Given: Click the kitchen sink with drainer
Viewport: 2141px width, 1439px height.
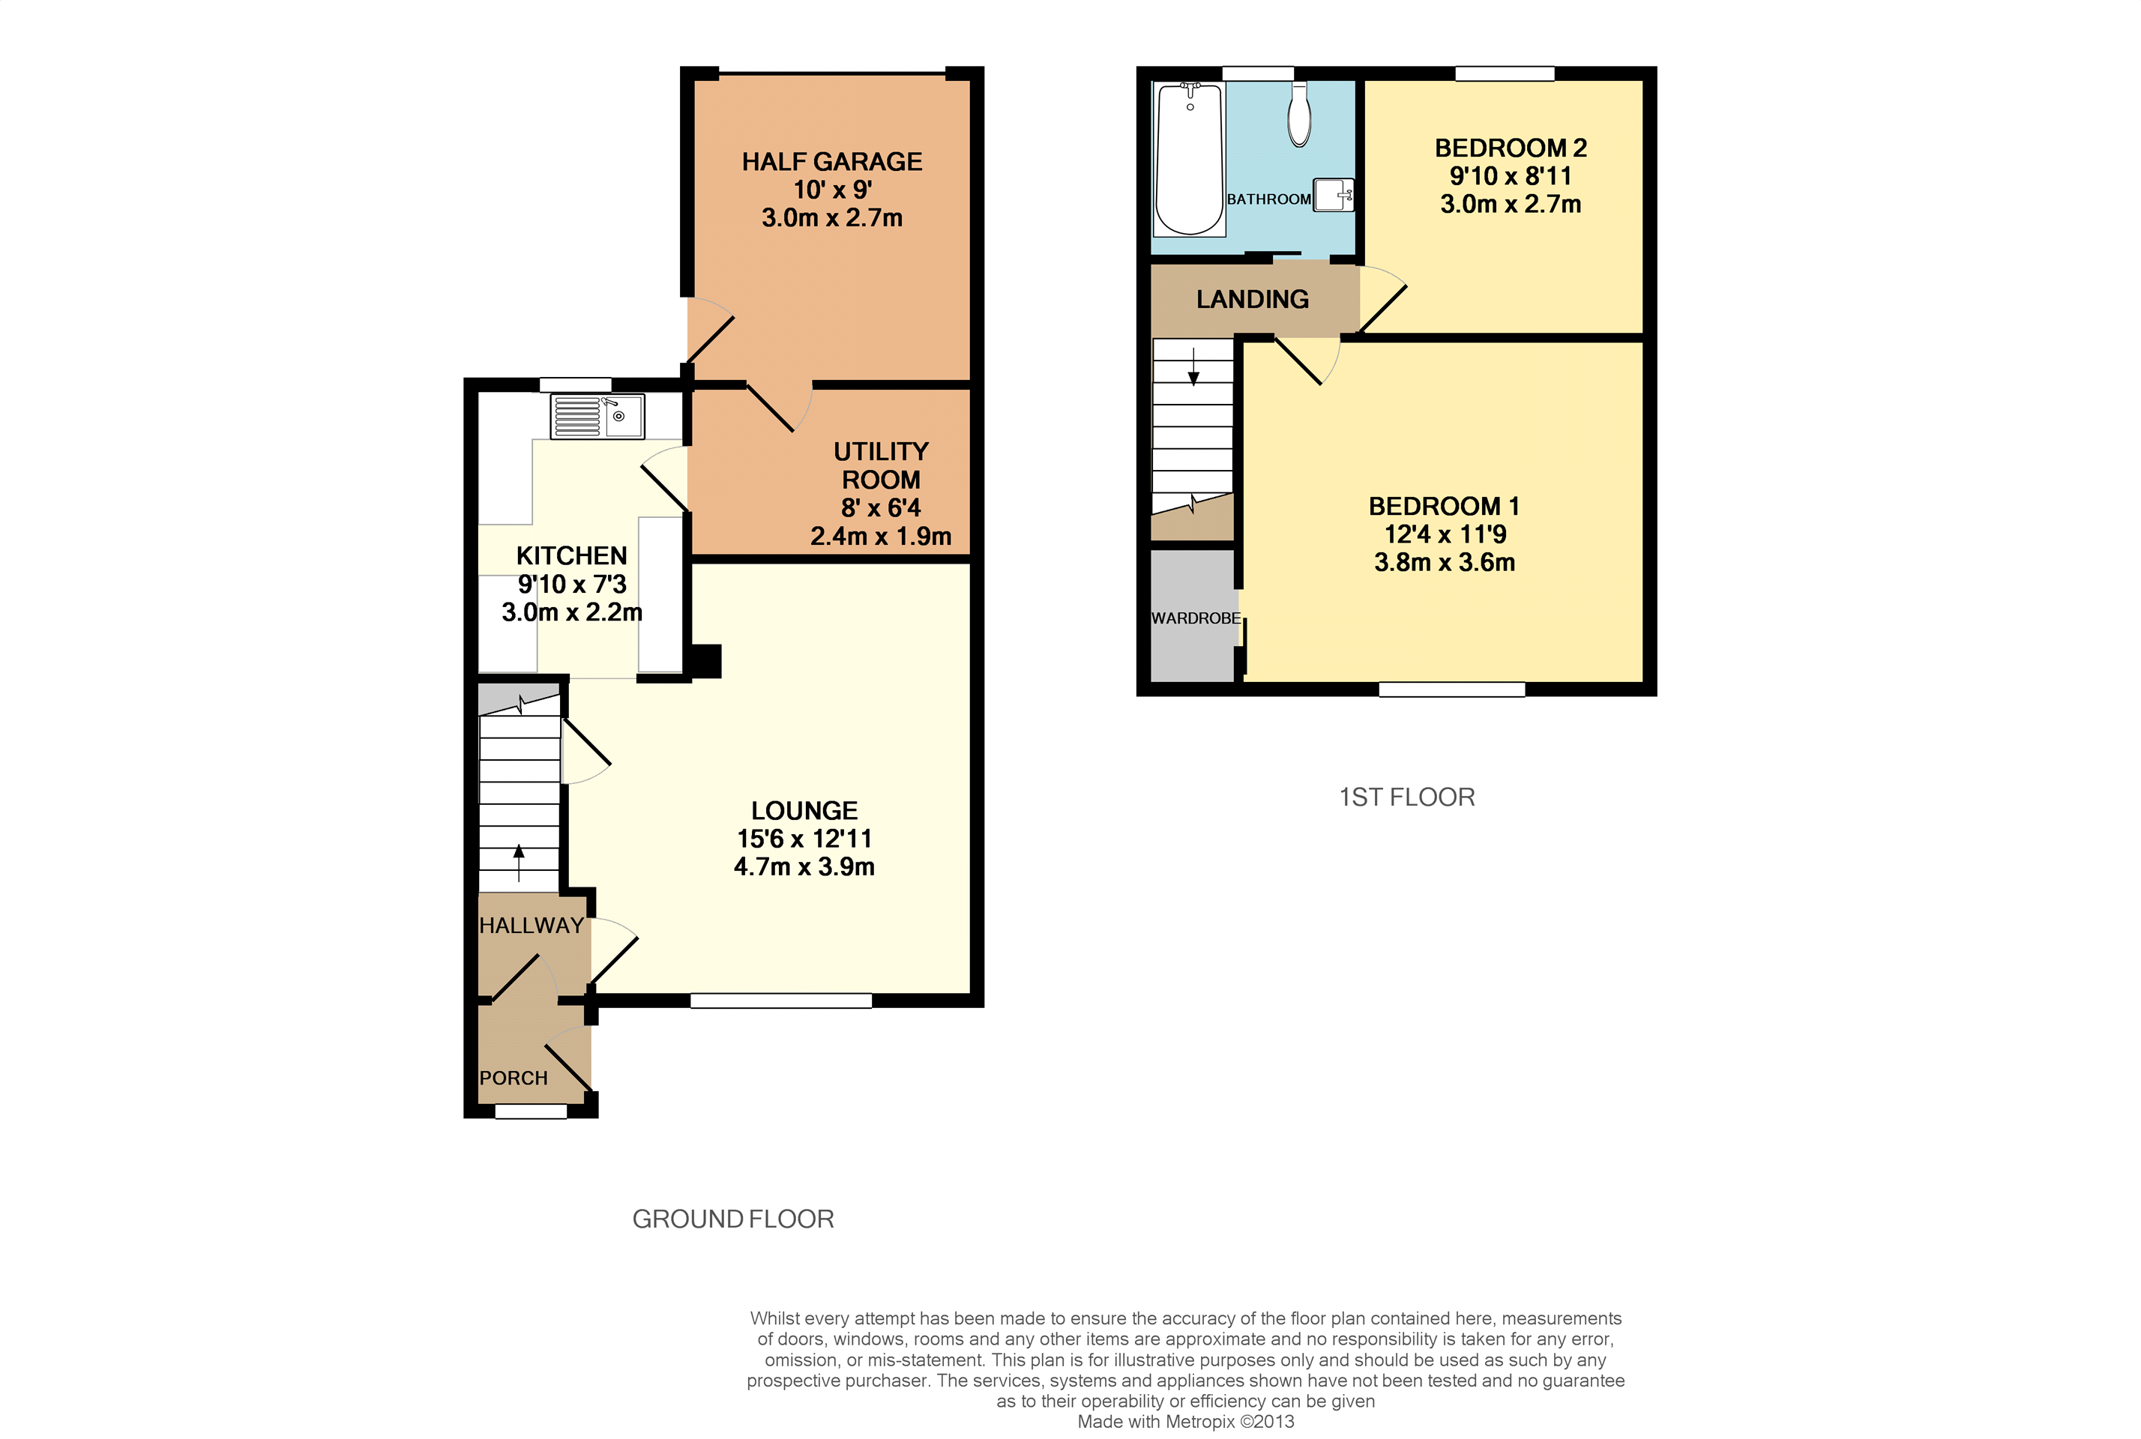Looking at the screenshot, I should coord(597,417).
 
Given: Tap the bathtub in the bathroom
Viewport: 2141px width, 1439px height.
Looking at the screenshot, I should coord(1190,160).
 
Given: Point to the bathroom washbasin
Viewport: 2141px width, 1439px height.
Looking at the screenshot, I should coord(1334,195).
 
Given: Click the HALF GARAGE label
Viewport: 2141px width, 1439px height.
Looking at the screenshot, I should coord(831,162).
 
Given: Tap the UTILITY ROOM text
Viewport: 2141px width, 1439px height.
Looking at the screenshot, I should coord(880,465).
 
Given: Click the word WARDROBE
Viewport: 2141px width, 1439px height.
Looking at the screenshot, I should coord(1195,618).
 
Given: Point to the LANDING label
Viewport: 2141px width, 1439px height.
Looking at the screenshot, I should coord(1252,299).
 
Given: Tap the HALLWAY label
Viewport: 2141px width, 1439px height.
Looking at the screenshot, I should coord(532,925).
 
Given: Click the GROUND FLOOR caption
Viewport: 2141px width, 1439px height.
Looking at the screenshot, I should coord(732,1219).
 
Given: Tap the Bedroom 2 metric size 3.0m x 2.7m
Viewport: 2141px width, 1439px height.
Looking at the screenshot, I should coord(1510,204).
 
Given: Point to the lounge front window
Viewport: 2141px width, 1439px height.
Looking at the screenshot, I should coord(780,1001).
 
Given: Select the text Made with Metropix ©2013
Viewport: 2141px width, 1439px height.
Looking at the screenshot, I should coord(1184,1422).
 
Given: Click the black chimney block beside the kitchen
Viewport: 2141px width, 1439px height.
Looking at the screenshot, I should coord(705,661).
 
